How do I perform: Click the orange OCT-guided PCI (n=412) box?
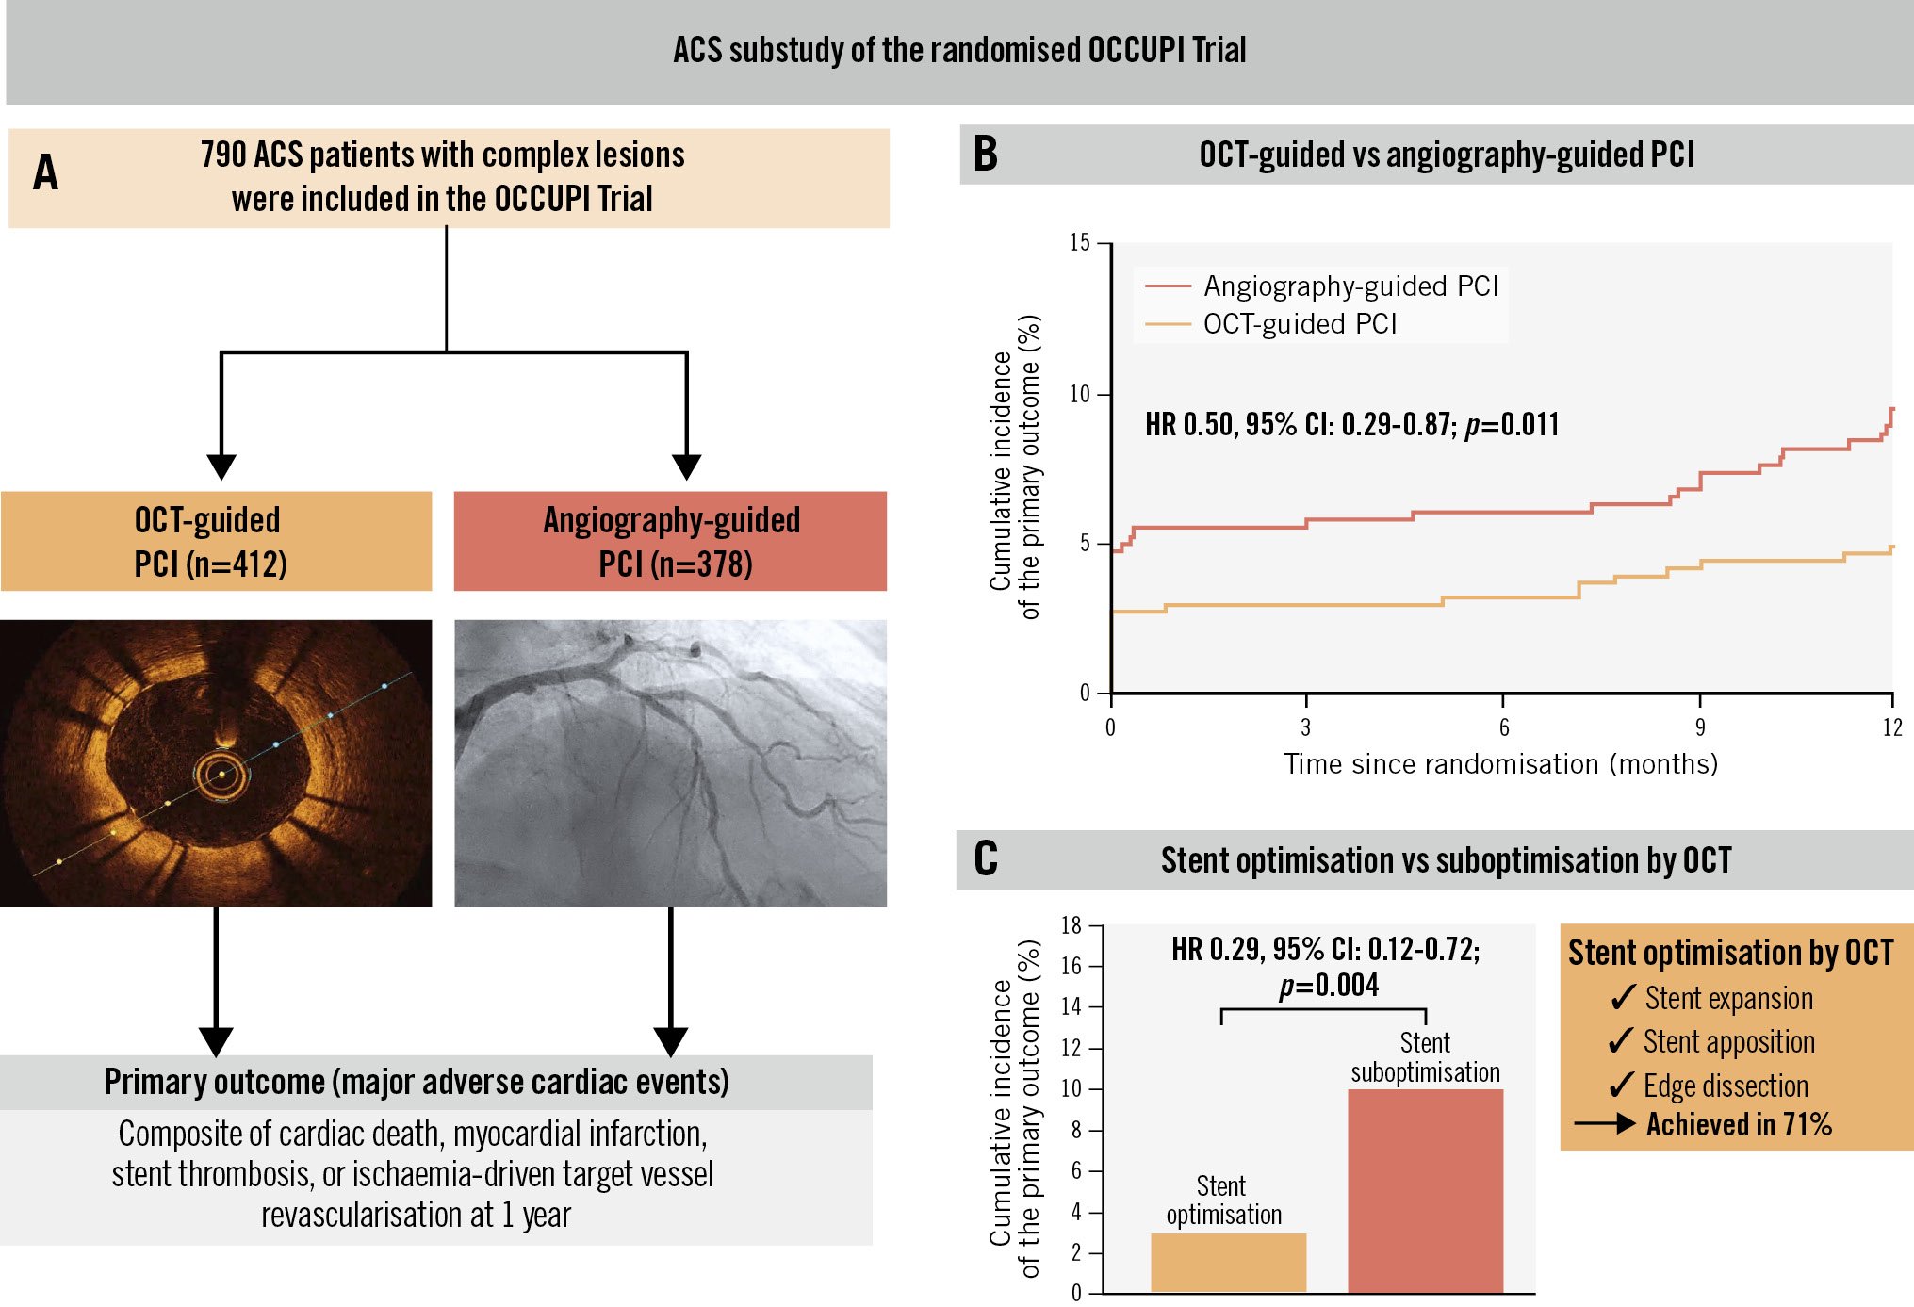pyautogui.click(x=216, y=541)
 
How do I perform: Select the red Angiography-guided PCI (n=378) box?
pyautogui.click(x=670, y=541)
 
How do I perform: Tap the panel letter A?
pyautogui.click(x=45, y=173)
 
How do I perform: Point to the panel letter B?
pyautogui.click(x=985, y=155)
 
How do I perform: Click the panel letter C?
pyautogui.click(x=985, y=858)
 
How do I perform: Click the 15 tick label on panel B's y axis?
pyautogui.click(x=1079, y=243)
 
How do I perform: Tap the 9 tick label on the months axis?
pyautogui.click(x=1700, y=727)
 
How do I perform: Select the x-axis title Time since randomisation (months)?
pyautogui.click(x=1500, y=764)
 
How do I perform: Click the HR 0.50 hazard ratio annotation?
pyautogui.click(x=1351, y=425)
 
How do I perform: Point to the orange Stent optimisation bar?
pyautogui.click(x=1228, y=1263)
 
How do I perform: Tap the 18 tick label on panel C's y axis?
pyautogui.click(x=1072, y=925)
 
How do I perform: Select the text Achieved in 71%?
pyautogui.click(x=1739, y=1124)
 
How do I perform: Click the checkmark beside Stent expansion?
pyautogui.click(x=1623, y=998)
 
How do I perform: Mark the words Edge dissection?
pyautogui.click(x=1726, y=1086)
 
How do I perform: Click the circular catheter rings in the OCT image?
pyautogui.click(x=223, y=776)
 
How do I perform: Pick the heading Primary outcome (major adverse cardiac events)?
pyautogui.click(x=417, y=1082)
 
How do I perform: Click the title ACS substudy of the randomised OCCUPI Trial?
pyautogui.click(x=959, y=50)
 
